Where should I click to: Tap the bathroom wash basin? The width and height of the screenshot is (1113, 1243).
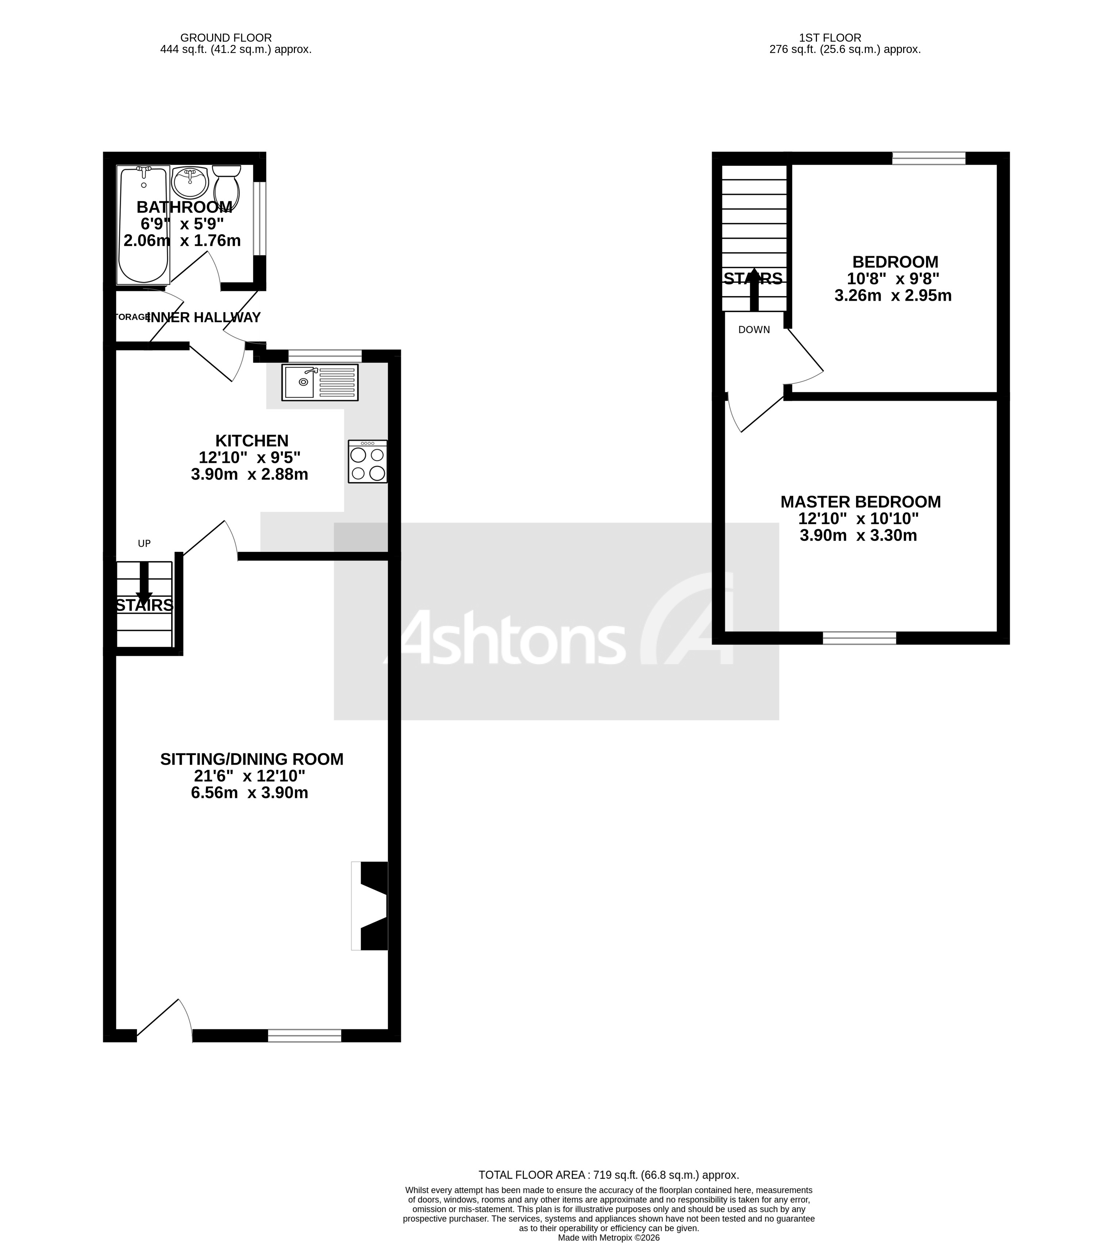[190, 180]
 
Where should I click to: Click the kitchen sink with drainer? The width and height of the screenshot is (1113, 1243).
[320, 382]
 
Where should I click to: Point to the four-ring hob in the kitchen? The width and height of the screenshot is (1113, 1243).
[368, 462]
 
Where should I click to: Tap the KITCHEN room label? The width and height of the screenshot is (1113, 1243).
[252, 440]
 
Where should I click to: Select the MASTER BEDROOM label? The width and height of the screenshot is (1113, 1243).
[860, 502]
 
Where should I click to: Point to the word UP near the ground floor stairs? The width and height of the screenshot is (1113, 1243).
[144, 543]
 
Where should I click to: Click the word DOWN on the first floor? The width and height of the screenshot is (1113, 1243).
[754, 330]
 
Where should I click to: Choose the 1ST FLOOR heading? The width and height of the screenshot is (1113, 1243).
[829, 38]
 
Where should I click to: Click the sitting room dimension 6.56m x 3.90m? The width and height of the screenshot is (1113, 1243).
[250, 793]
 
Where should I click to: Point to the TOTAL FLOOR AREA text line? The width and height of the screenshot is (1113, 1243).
[609, 1174]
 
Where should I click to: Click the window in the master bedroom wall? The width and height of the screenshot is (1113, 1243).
[859, 638]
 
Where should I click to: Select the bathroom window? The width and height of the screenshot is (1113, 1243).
[260, 218]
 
